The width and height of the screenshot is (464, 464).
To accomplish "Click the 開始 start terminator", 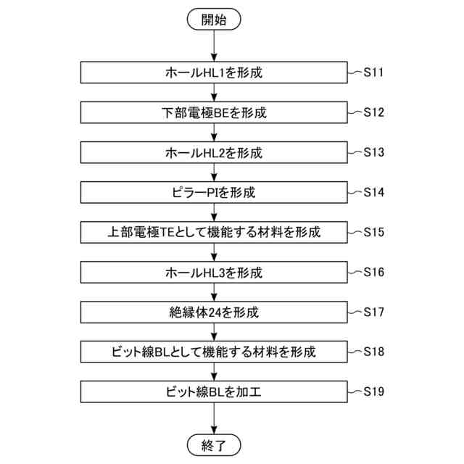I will pyautogui.click(x=214, y=20).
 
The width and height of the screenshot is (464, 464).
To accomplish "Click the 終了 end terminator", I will pyautogui.click(x=214, y=444).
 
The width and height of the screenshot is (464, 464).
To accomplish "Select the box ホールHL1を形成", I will pyautogui.click(x=214, y=73).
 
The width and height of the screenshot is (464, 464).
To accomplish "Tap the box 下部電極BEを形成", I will pyautogui.click(x=214, y=113).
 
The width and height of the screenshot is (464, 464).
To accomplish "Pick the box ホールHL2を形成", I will pyautogui.click(x=214, y=153).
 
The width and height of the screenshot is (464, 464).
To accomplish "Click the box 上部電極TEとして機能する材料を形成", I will pyautogui.click(x=214, y=233).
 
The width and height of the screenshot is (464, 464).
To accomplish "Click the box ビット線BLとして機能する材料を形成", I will pyautogui.click(x=214, y=352).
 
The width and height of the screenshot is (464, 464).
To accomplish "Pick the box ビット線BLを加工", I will pyautogui.click(x=214, y=392).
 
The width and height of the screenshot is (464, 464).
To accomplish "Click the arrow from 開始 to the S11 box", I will pyautogui.click(x=214, y=46).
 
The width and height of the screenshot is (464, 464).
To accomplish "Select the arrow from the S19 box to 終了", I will pyautogui.click(x=214, y=418).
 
